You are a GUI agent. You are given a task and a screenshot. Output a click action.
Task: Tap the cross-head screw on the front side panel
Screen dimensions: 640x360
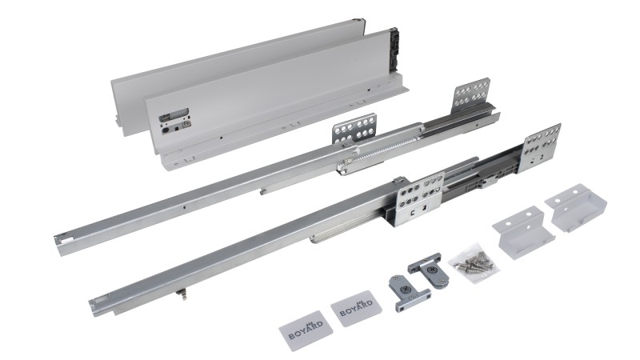pos(187,122)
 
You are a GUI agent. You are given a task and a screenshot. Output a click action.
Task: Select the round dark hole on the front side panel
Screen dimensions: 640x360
pos(166,130)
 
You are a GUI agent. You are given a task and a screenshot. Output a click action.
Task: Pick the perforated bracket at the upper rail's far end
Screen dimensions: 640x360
pos(470,95)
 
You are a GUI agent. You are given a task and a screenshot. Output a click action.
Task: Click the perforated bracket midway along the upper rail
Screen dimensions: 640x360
pos(354,129)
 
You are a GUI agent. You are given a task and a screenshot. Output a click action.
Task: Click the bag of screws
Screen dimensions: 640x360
pos(474,263)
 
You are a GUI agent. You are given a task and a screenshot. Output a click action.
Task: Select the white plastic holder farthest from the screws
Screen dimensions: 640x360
pos(575,209)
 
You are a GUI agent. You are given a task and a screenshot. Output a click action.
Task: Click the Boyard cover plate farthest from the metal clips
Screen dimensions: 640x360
pos(305,330)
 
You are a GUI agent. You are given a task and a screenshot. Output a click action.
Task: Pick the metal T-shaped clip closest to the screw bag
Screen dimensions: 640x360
pos(429,270)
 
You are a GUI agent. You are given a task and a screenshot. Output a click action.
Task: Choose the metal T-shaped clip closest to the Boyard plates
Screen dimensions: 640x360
pos(407,293)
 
